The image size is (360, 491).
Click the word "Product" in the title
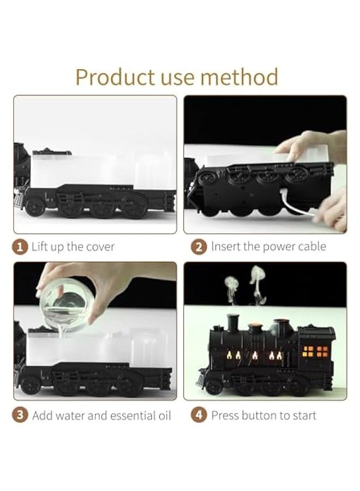pyautogui.click(x=115, y=77)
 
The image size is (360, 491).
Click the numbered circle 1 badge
pyautogui.click(x=20, y=247)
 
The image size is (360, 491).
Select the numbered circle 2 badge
pyautogui.click(x=199, y=247)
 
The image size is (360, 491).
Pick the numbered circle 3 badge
pyautogui.click(x=20, y=415)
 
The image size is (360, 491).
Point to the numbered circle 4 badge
pyautogui.click(x=199, y=415)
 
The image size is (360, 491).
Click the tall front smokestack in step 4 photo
pyautogui.click(x=234, y=324)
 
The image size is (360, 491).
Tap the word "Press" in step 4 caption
pyautogui.click(x=225, y=415)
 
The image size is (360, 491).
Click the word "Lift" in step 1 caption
pyautogui.click(x=40, y=247)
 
